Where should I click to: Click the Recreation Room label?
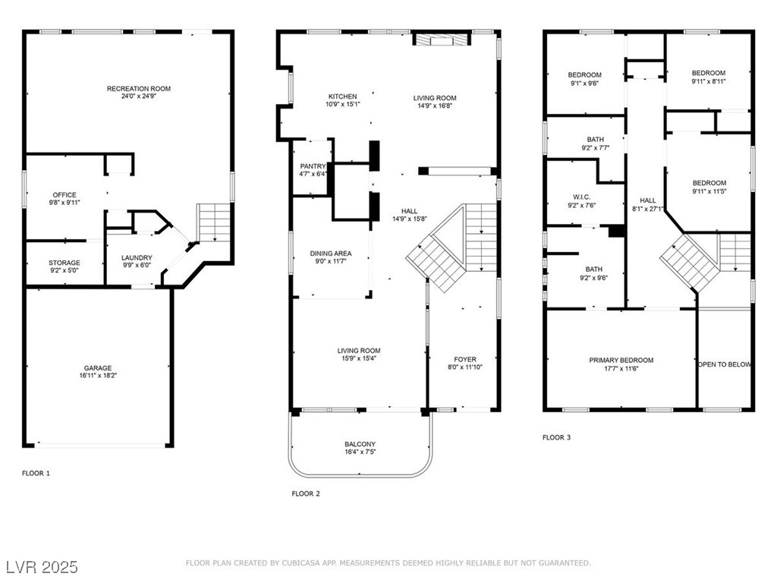[139, 89]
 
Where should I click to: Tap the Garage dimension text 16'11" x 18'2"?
[98, 376]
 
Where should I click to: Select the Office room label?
[64, 195]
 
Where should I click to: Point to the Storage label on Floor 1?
[64, 263]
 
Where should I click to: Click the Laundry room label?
[137, 258]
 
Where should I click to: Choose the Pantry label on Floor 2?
[313, 166]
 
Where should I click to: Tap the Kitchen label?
[342, 96]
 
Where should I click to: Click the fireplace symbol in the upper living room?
[442, 39]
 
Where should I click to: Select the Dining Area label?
[331, 254]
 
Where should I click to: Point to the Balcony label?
[360, 444]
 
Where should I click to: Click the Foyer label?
[465, 359]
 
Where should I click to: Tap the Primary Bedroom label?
[621, 361]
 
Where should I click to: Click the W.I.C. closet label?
[582, 197]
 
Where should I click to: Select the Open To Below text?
[725, 364]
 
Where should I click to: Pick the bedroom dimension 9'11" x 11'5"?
[709, 191]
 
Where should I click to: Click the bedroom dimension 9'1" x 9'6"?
[585, 84]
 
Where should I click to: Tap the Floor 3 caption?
[556, 437]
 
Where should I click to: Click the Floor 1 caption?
[36, 474]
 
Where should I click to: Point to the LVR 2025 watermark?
[42, 566]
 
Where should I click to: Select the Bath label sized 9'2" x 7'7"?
[596, 140]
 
